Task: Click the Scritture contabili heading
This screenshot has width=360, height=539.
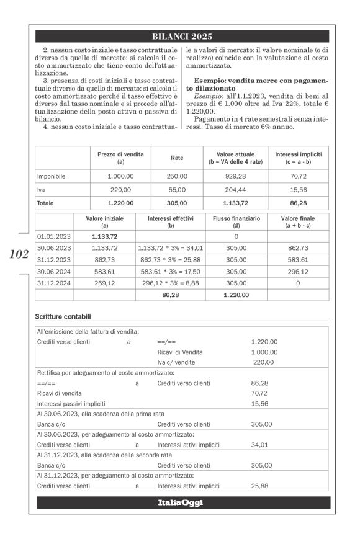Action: tap(67, 318)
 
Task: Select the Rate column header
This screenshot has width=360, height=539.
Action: tap(177, 158)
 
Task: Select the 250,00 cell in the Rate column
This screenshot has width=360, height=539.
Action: tap(177, 176)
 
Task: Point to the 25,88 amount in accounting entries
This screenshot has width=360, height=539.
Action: tap(260, 486)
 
